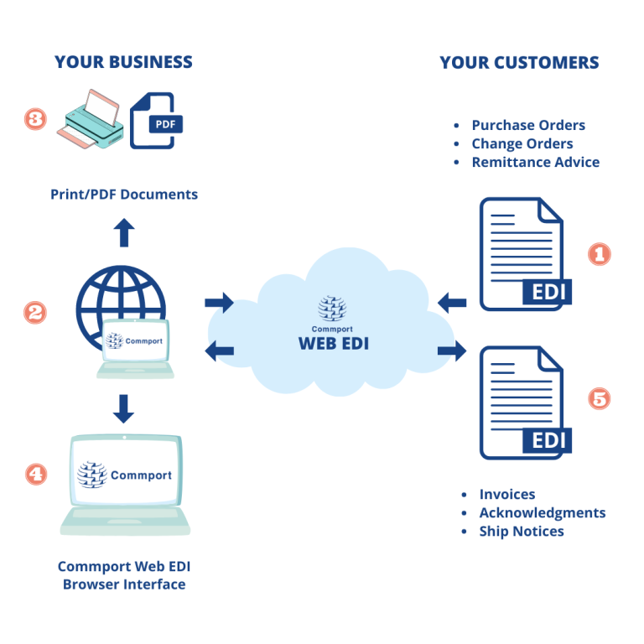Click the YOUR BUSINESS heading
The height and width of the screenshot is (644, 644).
123,62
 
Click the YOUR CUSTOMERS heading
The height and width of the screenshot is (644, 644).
519,63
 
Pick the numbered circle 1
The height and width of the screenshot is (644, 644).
599,253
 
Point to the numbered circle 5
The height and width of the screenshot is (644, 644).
599,398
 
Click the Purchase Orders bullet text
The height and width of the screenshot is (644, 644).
528,125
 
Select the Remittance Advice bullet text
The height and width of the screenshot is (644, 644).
535,162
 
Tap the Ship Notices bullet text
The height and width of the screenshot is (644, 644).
522,531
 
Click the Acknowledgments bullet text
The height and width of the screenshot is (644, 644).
542,512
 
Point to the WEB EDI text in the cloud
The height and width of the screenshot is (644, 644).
333,344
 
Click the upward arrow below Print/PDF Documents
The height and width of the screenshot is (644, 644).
124,232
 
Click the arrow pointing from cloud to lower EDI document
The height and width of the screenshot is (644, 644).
451,351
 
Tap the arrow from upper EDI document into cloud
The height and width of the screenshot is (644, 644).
453,302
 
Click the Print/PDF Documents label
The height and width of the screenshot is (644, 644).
123,195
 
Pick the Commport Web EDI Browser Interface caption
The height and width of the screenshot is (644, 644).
124,575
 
